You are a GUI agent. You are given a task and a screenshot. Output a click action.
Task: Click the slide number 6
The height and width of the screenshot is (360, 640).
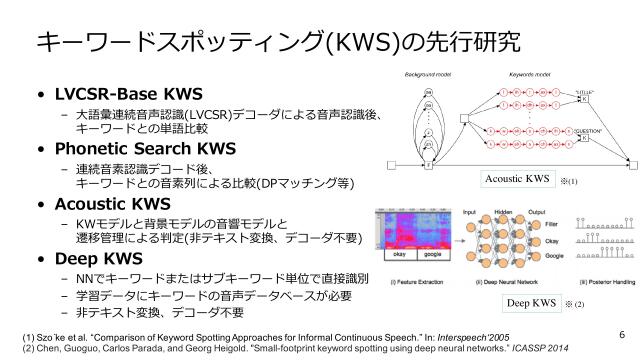621,334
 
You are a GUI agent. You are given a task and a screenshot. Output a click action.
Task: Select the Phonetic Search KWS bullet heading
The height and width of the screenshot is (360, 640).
144,150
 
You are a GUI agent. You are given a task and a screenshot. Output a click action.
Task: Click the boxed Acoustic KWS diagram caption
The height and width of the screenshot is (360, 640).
517,180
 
